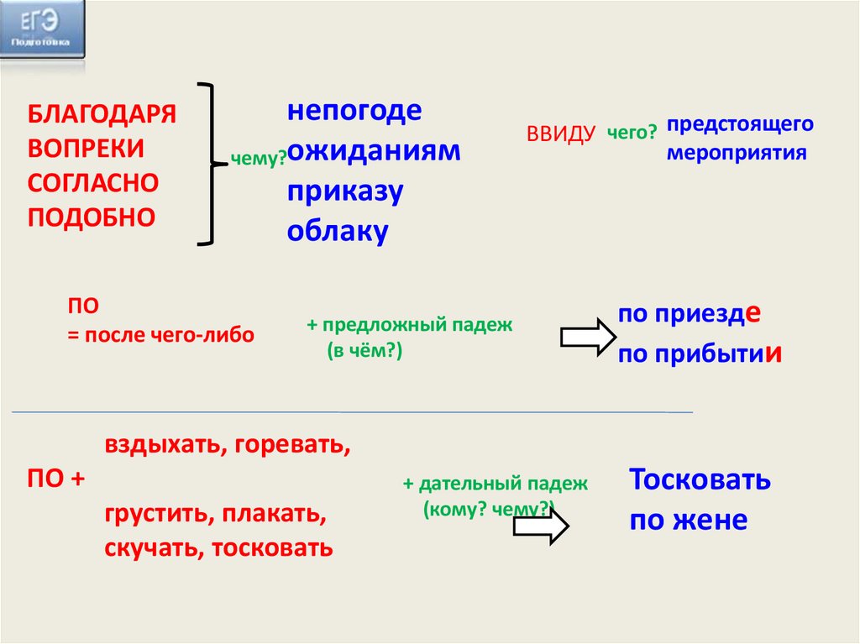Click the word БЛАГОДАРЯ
pyautogui.click(x=102, y=114)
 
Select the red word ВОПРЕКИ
pyautogui.click(x=86, y=149)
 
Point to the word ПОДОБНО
pyautogui.click(x=92, y=217)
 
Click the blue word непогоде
pyautogui.click(x=354, y=112)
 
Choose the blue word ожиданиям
pyautogui.click(x=374, y=151)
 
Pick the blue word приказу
pyautogui.click(x=345, y=191)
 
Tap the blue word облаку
pyautogui.click(x=337, y=231)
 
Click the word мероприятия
pyautogui.click(x=737, y=154)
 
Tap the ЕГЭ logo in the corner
pyautogui.click(x=42, y=29)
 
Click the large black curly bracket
pyautogui.click(x=212, y=164)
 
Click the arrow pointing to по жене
pyautogui.click(x=541, y=526)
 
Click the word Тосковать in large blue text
pyautogui.click(x=700, y=480)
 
